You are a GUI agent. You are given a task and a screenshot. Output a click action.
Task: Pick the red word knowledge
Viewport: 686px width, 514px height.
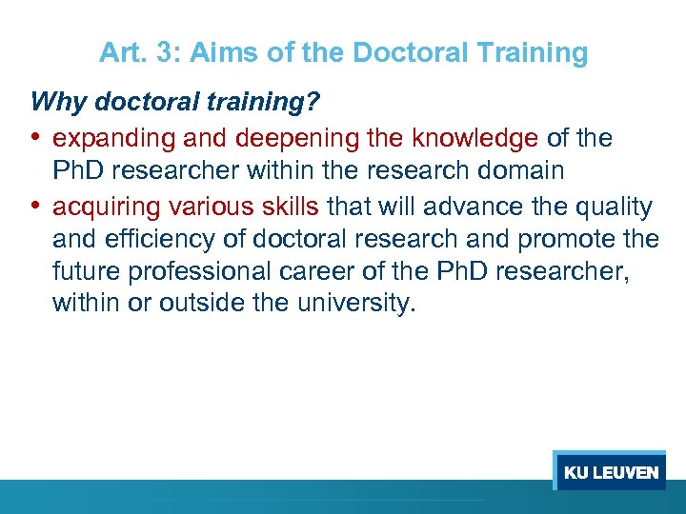point(474,139)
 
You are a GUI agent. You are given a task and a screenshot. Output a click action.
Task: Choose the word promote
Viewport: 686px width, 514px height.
point(563,239)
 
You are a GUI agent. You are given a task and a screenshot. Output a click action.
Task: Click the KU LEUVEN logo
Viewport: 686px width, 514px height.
point(610,472)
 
